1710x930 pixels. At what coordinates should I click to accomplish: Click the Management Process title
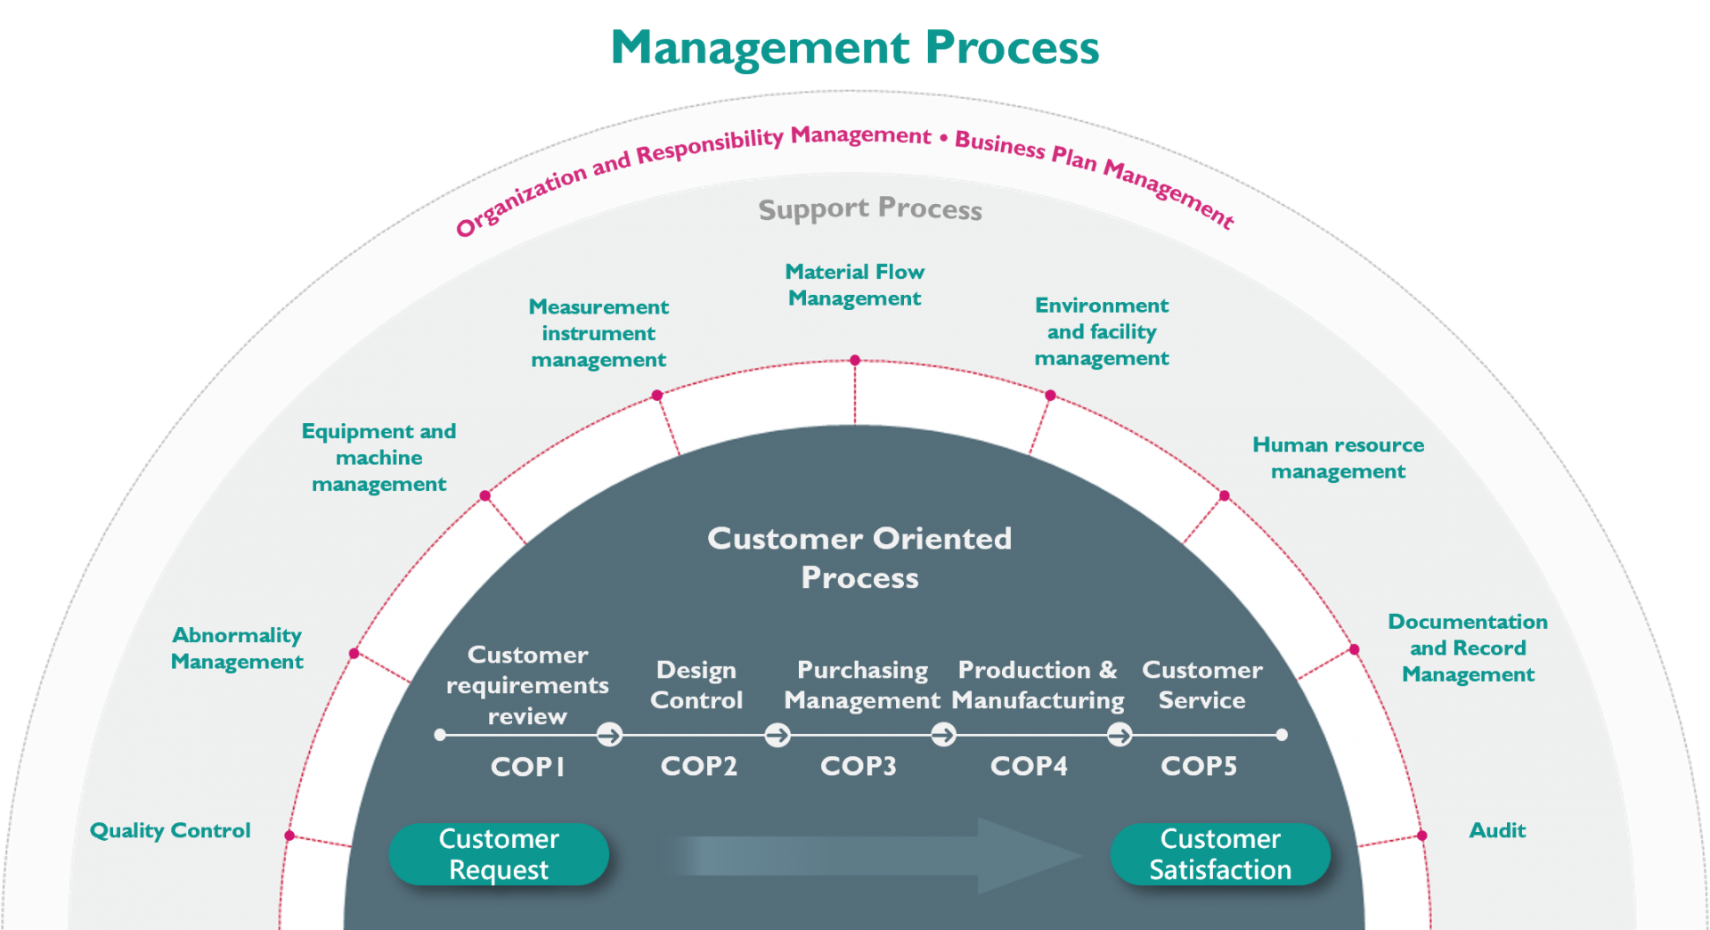(855, 47)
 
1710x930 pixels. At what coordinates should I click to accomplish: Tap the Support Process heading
(870, 208)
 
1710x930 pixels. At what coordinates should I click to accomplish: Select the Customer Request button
(499, 854)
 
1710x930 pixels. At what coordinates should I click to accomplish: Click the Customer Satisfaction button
(1219, 854)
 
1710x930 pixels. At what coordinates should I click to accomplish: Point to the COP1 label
(527, 767)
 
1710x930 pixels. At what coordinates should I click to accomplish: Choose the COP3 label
(858, 766)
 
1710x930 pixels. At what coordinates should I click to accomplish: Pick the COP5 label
(1199, 766)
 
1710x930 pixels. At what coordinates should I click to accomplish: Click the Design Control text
(696, 685)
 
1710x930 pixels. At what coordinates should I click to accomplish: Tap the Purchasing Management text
(862, 685)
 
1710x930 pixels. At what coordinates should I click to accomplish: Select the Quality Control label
(170, 830)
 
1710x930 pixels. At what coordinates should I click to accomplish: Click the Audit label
(1497, 830)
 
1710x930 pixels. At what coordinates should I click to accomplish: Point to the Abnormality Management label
(237, 649)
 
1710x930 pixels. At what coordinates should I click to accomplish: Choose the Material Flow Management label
(855, 285)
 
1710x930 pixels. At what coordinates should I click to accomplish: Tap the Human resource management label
(1338, 458)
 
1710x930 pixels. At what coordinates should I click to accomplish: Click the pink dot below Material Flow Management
(855, 360)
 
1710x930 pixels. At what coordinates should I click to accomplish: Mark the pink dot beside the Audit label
(1422, 836)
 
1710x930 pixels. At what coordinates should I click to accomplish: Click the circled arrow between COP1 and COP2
(610, 735)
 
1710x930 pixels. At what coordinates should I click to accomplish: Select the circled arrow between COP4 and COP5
(1120, 735)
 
